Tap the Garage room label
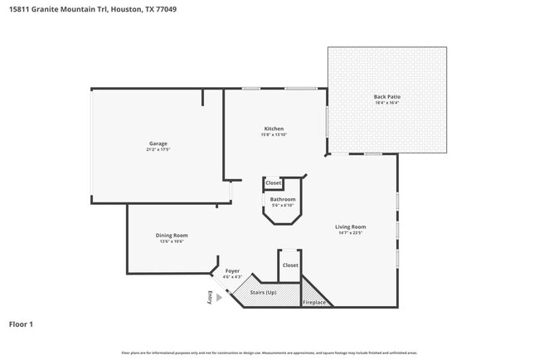point(158,144)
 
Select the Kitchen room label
point(274,129)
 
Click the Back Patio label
point(387,97)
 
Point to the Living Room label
point(351,226)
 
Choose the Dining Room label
point(172,236)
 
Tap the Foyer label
point(233,270)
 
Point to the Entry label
point(211,298)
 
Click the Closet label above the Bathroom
point(273,182)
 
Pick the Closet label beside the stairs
point(289,265)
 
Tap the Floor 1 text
point(22,324)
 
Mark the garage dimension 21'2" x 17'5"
point(158,150)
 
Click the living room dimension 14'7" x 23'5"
point(351,233)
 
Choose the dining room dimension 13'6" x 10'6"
point(172,242)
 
